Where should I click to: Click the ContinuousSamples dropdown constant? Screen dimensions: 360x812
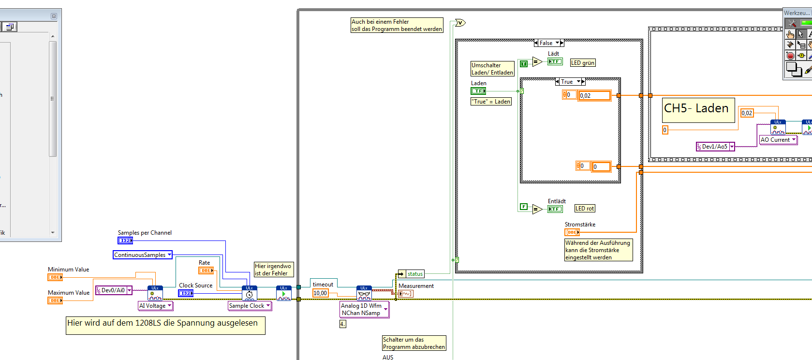142,255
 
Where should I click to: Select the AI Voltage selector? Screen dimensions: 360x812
155,306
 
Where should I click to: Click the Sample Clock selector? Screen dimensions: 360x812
250,306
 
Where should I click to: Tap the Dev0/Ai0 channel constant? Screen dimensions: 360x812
114,290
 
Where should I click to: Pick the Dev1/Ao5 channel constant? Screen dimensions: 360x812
715,147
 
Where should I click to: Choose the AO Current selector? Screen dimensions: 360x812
778,140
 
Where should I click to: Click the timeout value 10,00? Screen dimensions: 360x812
320,293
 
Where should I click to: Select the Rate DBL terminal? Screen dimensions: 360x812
206,270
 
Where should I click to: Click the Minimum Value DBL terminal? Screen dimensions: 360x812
55,277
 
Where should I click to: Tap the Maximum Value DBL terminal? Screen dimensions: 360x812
55,300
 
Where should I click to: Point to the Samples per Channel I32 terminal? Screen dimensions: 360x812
125,240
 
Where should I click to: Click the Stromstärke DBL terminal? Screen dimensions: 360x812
572,232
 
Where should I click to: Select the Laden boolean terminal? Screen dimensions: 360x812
478,91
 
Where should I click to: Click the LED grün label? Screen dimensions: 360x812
583,63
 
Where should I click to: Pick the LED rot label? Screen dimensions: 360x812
585,209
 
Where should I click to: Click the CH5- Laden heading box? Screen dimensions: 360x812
696,109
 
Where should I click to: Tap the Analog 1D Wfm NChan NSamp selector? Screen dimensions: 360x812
364,310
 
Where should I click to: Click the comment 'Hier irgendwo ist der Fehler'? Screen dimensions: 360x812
273,270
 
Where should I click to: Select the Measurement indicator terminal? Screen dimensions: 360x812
406,294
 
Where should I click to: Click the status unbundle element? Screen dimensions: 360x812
414,274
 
